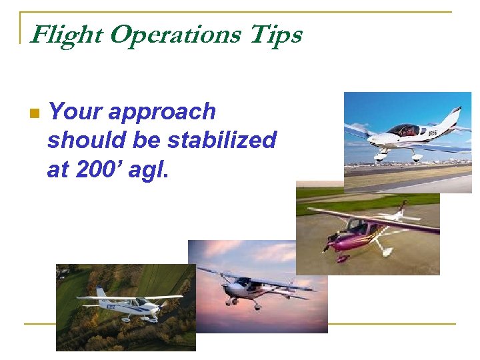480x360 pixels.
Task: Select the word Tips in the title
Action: [x=275, y=35]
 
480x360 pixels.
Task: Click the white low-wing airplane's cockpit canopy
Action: [x=404, y=129]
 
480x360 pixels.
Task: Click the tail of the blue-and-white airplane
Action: [x=101, y=293]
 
